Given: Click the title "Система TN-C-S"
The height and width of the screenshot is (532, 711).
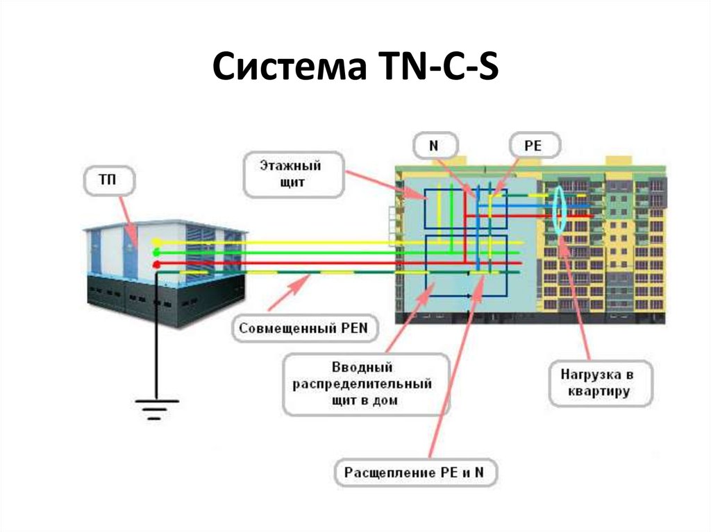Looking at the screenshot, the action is [355, 66].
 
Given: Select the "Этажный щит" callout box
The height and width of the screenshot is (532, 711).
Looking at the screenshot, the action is [294, 175].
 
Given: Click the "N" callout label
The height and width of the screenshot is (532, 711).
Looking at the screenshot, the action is [435, 146].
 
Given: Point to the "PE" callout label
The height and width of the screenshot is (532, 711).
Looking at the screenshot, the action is [535, 146].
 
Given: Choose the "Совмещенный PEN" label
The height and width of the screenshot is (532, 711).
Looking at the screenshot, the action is [304, 328].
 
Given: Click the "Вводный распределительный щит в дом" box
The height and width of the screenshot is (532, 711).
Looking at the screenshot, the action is [365, 384].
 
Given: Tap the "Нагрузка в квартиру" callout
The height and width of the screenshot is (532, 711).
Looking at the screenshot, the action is [601, 384].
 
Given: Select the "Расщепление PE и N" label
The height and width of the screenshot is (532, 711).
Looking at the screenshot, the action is [415, 472].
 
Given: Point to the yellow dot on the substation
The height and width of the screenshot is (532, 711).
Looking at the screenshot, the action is [156, 242].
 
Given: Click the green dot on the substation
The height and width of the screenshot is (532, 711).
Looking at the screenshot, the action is [156, 252].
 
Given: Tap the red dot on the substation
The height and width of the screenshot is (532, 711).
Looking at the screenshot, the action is [156, 264].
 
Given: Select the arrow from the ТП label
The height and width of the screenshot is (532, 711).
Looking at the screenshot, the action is [130, 221].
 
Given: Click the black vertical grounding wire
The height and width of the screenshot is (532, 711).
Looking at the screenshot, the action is [156, 336].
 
